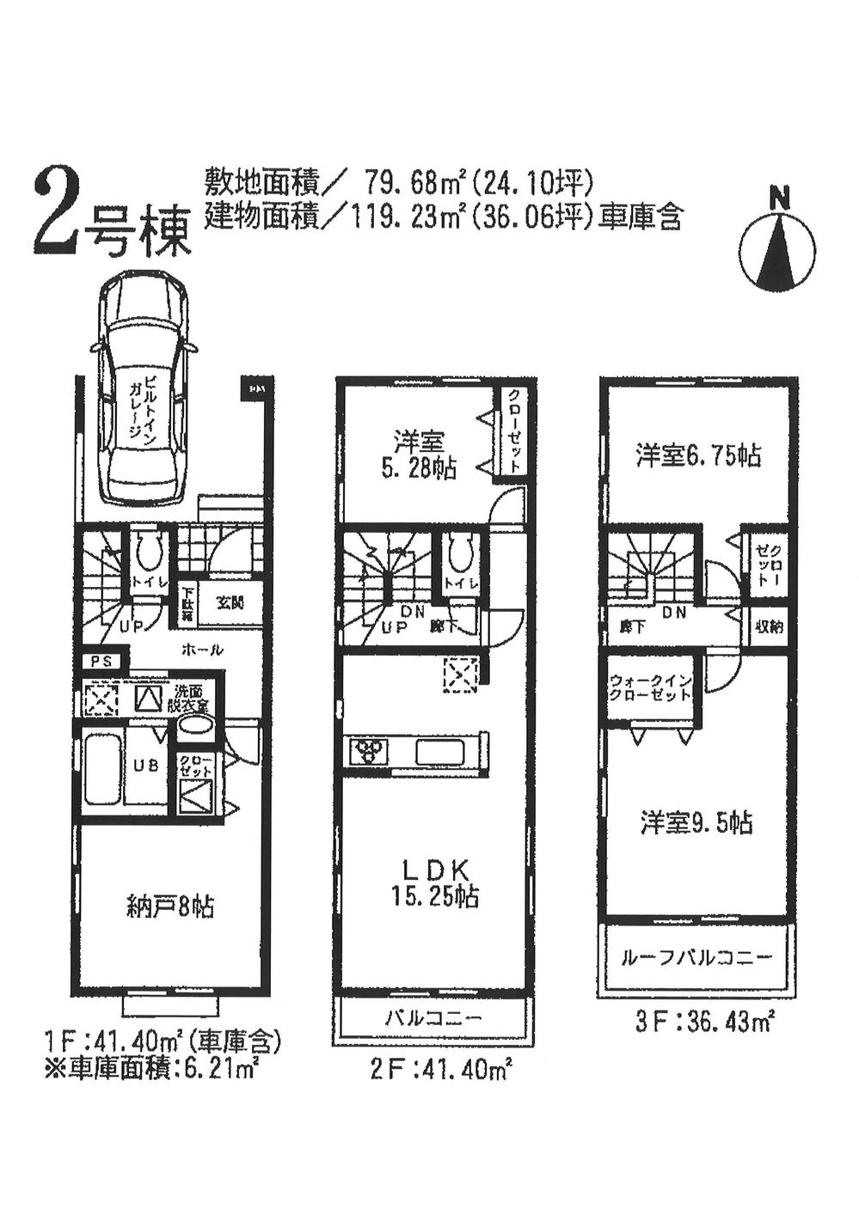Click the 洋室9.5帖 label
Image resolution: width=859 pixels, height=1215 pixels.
[x=696, y=823]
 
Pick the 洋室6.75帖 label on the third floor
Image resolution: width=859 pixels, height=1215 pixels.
[x=698, y=455]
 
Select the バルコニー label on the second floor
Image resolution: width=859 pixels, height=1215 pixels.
[x=433, y=1019]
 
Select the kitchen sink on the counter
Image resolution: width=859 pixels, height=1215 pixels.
[x=441, y=751]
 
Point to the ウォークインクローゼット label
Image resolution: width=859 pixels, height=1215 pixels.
[x=650, y=687]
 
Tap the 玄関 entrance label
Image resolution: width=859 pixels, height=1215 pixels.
[x=229, y=602]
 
